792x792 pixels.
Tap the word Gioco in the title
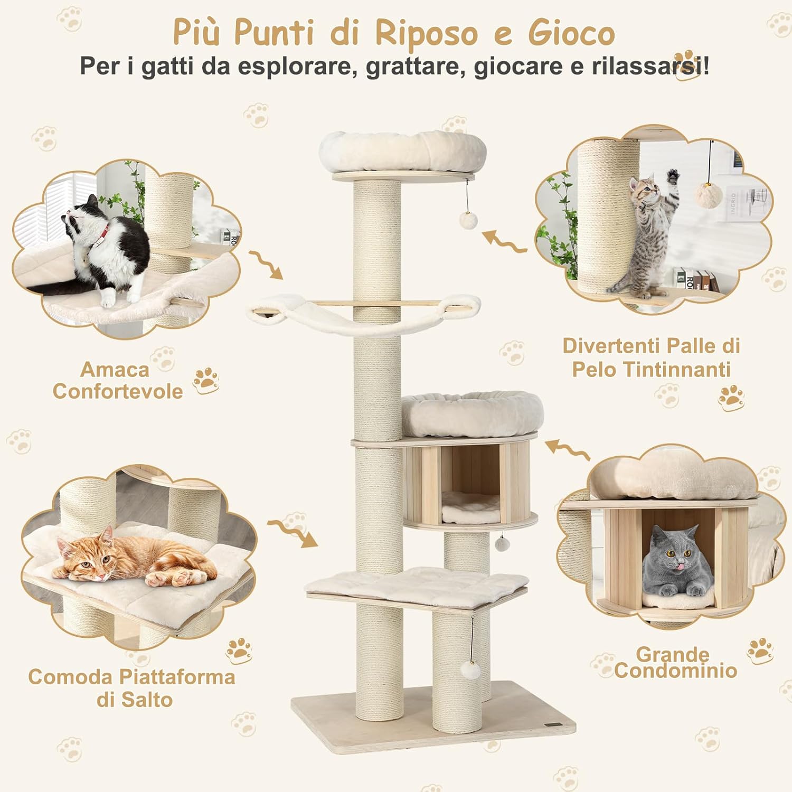(x=571, y=33)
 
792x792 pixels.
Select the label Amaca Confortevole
(x=117, y=381)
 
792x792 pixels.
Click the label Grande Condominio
(x=675, y=663)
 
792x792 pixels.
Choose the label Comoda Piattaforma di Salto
(x=132, y=688)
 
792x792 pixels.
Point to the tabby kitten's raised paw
(x=672, y=176)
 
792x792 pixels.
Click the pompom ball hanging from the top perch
(x=468, y=220)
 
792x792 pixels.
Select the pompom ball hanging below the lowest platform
(x=470, y=670)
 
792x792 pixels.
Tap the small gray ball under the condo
(x=501, y=543)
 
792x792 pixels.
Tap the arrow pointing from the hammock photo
(x=267, y=264)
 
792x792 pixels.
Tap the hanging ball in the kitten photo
(x=708, y=194)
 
